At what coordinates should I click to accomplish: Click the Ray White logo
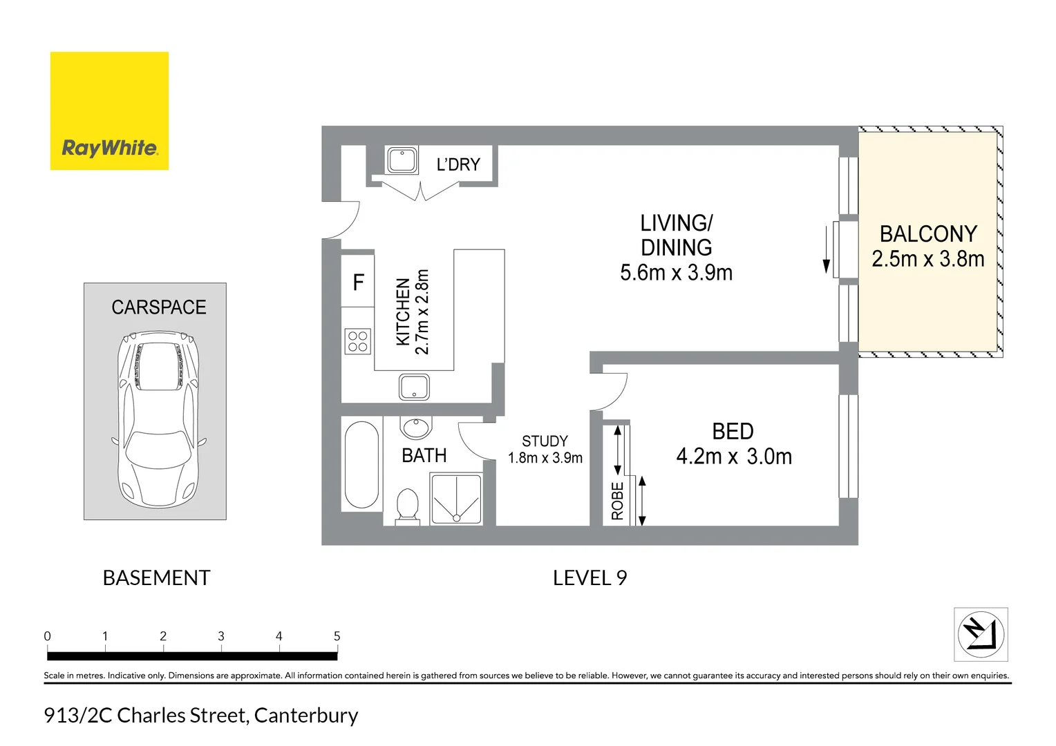(109, 111)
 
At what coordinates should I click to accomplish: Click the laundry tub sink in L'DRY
(402, 160)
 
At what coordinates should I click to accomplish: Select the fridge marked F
(358, 282)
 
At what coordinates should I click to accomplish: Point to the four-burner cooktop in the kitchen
(358, 341)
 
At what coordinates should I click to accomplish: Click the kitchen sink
(414, 387)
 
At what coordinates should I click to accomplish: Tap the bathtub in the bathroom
(361, 464)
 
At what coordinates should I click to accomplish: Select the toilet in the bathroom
(407, 506)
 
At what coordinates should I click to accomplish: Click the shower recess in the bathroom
(455, 499)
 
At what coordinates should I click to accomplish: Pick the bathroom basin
(416, 428)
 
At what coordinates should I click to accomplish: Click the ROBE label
(617, 501)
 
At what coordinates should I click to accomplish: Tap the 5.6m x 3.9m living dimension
(676, 273)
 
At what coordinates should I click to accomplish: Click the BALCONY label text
(928, 234)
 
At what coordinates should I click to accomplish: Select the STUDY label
(545, 441)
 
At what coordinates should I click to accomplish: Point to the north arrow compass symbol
(981, 634)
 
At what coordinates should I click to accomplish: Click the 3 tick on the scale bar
(221, 637)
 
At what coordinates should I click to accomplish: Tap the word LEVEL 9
(590, 578)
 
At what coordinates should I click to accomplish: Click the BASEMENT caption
(156, 578)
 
